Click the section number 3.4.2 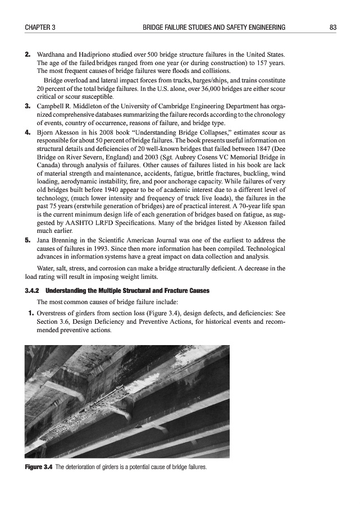(x=32, y=291)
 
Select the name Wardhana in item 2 (x=53, y=54)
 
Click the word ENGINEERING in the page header (x=264, y=27)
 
